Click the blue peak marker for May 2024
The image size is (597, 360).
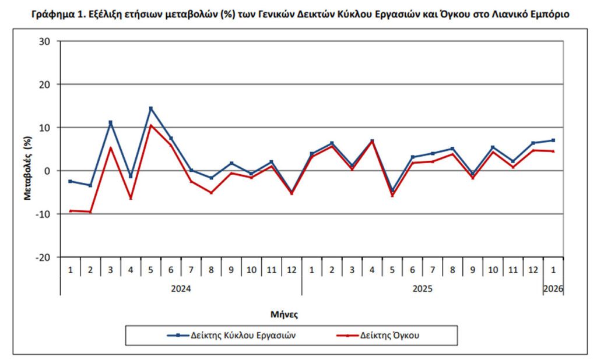151,108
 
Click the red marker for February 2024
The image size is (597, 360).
90,211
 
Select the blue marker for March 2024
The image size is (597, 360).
111,122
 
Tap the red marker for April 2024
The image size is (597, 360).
131,198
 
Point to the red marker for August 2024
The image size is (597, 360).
211,192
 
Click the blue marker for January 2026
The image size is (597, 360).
553,140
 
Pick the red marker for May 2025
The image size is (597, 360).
392,195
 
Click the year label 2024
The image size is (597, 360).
181,288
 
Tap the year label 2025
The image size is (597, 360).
422,288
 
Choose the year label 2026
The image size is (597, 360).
553,288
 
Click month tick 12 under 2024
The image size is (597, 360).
292,270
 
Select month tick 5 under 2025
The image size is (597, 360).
392,270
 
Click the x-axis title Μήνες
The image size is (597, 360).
285,314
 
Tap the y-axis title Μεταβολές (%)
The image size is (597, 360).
27,169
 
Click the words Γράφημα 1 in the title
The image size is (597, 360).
55,14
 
